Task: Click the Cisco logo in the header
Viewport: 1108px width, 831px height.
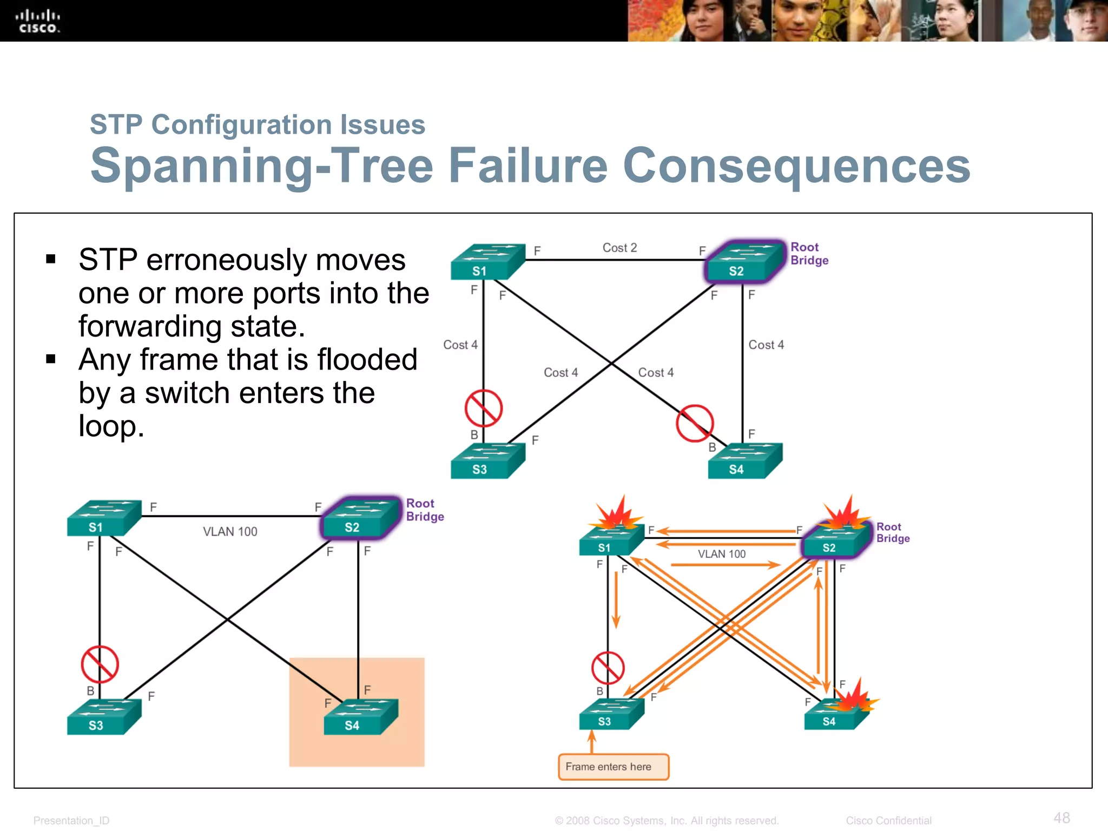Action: (x=38, y=22)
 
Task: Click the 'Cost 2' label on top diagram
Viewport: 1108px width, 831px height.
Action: (x=619, y=248)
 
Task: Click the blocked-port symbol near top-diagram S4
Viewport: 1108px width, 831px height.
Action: (x=695, y=423)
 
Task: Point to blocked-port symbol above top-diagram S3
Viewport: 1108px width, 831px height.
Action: (x=483, y=408)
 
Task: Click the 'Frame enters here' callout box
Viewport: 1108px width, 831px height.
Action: (x=614, y=767)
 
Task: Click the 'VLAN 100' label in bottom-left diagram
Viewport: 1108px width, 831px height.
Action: (x=230, y=532)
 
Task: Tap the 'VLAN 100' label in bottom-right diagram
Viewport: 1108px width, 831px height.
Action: (x=721, y=554)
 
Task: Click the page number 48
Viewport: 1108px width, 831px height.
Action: (x=1061, y=817)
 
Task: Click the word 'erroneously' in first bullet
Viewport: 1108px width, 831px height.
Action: (x=275, y=260)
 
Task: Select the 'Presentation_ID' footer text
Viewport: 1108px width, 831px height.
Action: (x=71, y=821)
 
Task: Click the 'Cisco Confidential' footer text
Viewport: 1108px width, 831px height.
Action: (x=888, y=821)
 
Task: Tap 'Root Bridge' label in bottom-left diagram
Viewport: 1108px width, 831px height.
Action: (x=425, y=510)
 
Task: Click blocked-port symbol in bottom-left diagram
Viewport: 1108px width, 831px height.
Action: (x=100, y=664)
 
